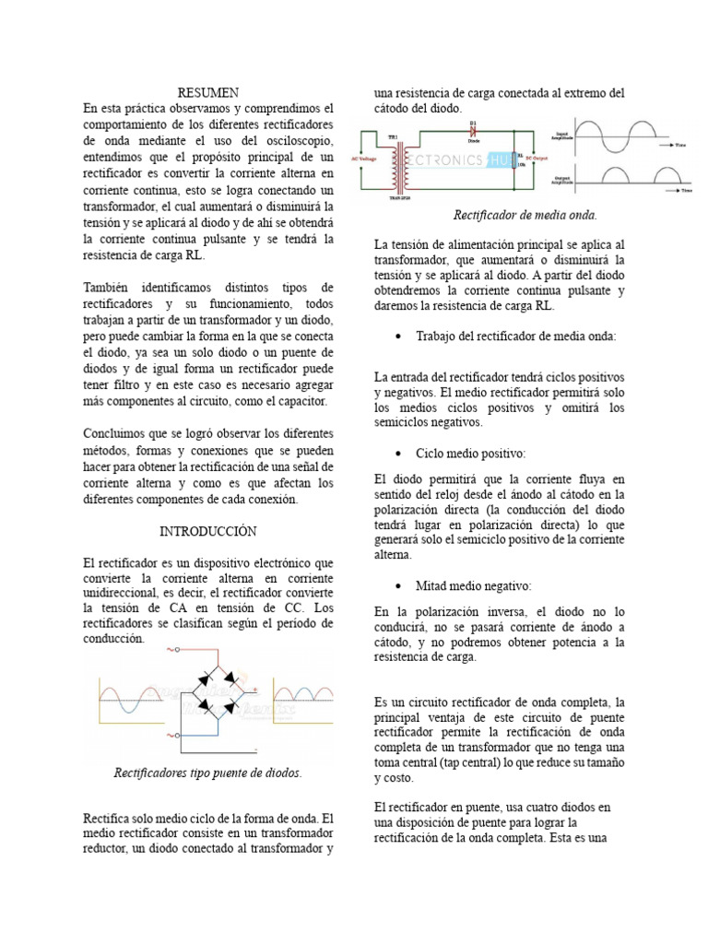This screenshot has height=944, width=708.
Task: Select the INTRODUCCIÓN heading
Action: point(207,532)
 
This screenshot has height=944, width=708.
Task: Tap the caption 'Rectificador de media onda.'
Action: point(525,215)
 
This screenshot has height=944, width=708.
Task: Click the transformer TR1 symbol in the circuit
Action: point(399,163)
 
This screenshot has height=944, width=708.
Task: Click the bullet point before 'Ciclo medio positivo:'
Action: point(397,454)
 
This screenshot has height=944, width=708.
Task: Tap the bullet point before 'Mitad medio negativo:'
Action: point(397,585)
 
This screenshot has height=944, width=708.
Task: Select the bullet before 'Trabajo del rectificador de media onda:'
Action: point(397,336)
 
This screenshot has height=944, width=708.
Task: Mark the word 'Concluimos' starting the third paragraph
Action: point(114,432)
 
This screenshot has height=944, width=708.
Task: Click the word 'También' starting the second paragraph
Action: point(107,289)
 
